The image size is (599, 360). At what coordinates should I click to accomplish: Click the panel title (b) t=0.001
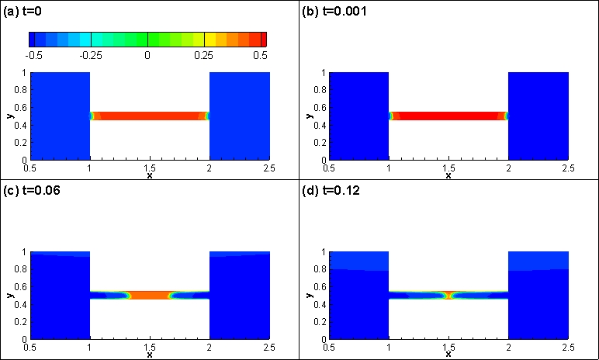tap(334, 12)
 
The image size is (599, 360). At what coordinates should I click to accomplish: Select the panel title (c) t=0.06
tap(28, 192)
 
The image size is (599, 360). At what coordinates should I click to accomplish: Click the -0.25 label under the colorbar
tap(92, 56)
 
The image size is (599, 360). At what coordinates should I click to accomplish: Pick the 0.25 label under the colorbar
tap(204, 56)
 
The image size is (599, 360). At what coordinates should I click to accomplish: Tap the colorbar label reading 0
tap(147, 56)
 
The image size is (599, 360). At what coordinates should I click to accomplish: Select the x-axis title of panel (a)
tap(150, 175)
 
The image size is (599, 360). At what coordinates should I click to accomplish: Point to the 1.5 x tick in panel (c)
tap(150, 346)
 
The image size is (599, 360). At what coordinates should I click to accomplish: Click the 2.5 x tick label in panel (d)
tap(568, 346)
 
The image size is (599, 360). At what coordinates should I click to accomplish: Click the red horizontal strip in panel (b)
tap(448, 116)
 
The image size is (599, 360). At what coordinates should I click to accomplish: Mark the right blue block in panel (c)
tap(240, 295)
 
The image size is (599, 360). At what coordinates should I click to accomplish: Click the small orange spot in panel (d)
tap(448, 295)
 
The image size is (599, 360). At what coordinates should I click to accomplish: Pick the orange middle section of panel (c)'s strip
tap(150, 295)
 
